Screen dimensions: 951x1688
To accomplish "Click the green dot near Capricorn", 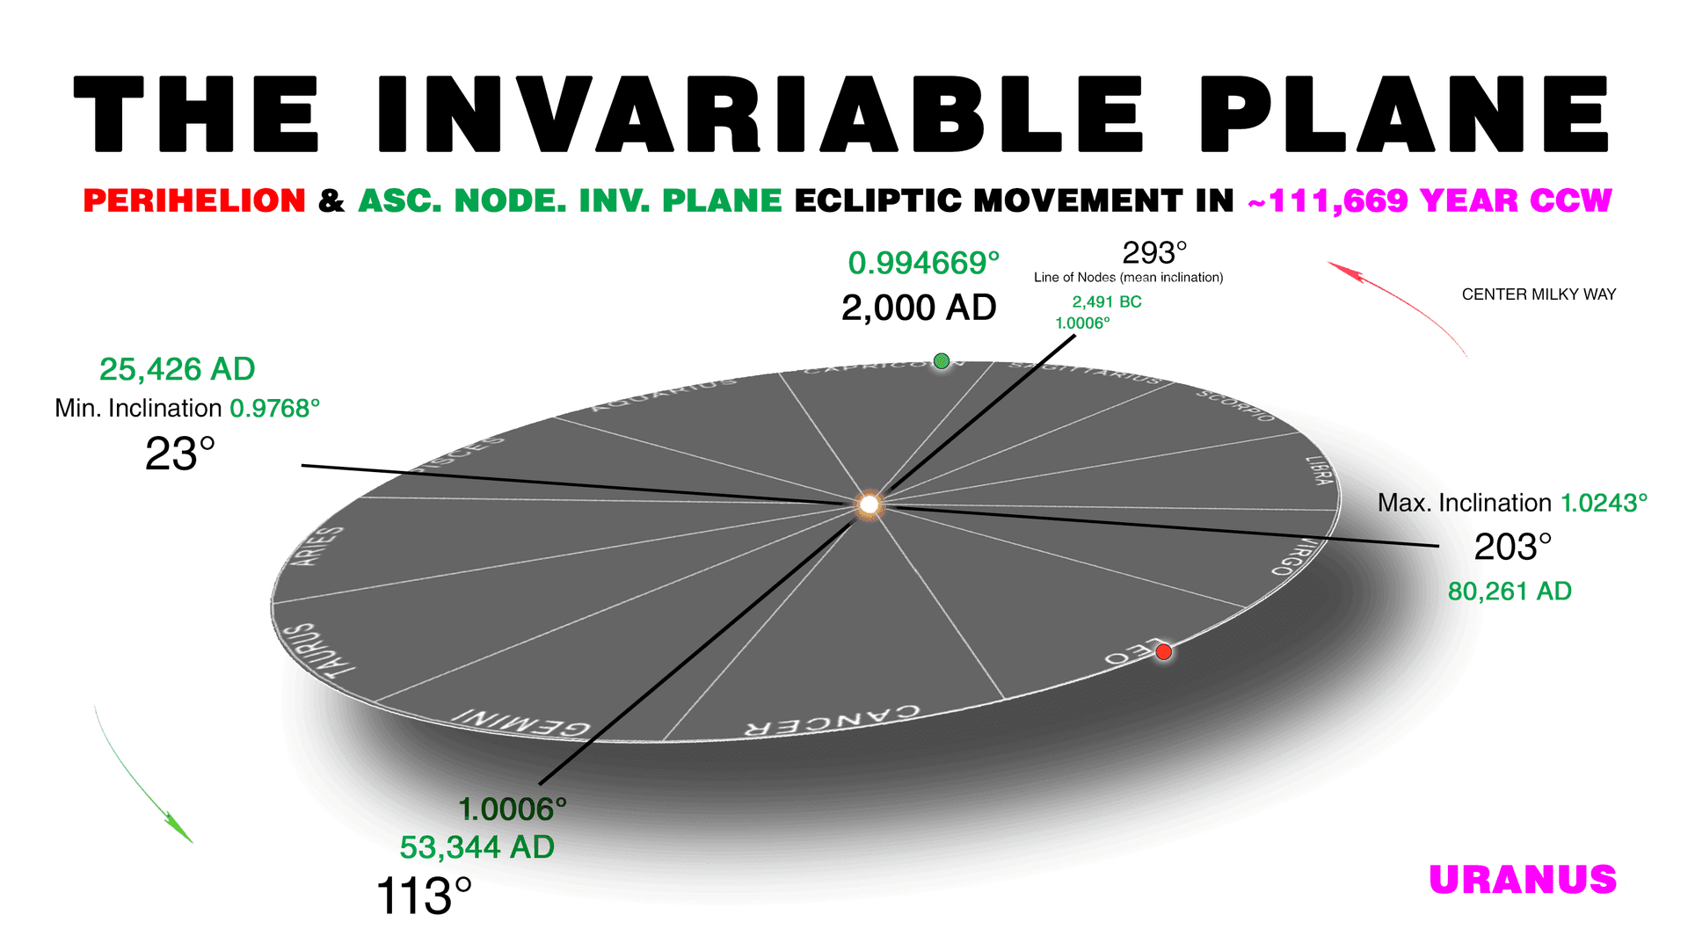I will (942, 360).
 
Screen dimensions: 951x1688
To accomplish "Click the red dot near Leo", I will (1163, 651).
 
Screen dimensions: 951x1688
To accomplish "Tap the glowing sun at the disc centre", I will (869, 505).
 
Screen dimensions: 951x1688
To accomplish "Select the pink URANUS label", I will (1523, 880).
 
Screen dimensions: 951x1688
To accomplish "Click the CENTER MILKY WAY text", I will (1539, 294).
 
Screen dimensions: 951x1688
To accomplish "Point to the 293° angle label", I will (1154, 253).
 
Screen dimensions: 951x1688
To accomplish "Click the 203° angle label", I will (1512, 547).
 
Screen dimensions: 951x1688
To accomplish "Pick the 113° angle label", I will (424, 897).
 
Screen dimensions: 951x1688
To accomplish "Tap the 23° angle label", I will (180, 454).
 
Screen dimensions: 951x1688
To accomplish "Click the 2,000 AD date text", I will (919, 308).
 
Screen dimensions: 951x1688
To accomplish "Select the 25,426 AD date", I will (177, 369).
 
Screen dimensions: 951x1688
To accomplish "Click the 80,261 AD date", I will (1510, 592).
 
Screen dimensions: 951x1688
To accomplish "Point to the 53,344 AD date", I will (477, 847).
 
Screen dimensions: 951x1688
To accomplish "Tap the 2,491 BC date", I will (1106, 301).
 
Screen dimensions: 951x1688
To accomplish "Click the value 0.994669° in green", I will (923, 263).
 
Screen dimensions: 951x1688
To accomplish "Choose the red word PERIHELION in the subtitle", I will (194, 200).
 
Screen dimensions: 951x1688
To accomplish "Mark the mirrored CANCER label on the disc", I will (833, 720).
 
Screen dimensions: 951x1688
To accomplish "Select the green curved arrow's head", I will (182, 832).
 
